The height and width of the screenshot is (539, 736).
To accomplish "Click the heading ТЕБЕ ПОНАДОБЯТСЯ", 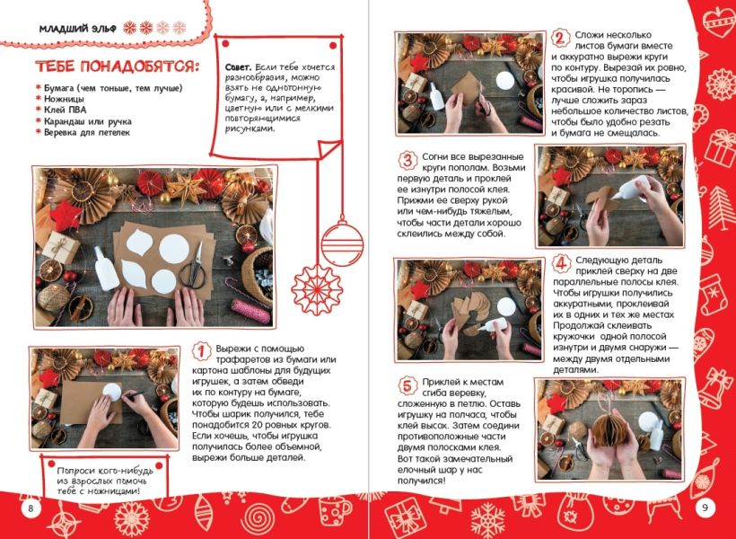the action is coord(117,66).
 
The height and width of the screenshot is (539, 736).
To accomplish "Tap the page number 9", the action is coord(705,507).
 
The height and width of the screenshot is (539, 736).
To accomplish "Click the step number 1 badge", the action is coord(202,351).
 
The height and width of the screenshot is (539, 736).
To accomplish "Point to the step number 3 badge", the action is coord(407,160).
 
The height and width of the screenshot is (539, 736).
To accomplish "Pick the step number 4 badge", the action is coord(560,263).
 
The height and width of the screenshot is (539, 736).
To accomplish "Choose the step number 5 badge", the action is coord(407,385).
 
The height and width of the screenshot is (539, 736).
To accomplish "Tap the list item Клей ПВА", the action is coord(65,110).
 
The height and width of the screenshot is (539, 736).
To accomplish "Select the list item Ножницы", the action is coord(64,99).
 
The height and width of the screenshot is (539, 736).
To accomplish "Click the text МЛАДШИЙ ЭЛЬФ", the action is coord(78,29).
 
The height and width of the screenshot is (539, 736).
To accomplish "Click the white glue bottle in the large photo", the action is coord(106,269).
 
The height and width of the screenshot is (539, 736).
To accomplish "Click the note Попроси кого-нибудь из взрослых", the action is coord(105,481).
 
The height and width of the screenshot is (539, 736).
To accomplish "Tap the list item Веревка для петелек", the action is coord(87,132).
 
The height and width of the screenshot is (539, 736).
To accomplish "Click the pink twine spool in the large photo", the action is coord(250,311).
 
